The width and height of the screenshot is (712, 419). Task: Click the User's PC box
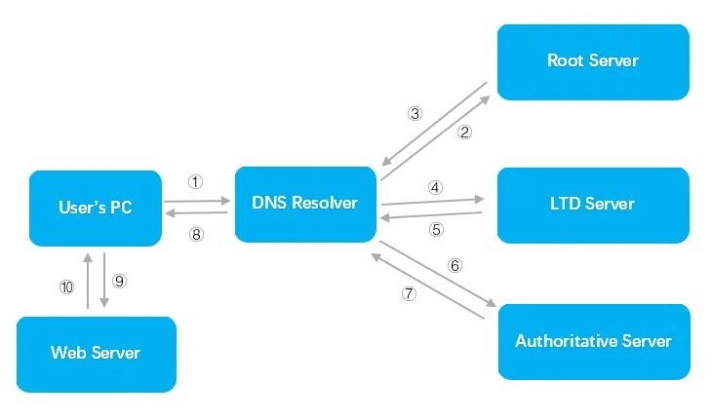[x=95, y=208]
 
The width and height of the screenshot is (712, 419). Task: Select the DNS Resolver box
[x=305, y=204]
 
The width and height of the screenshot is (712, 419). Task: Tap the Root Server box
[x=593, y=60]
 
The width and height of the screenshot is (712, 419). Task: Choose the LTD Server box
[x=593, y=204]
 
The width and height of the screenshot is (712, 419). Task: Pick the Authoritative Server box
[x=593, y=341]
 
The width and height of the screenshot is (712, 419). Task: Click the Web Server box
[x=96, y=352]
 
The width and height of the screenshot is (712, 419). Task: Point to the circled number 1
[x=195, y=181]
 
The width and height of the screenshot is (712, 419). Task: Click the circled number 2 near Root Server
[x=465, y=133]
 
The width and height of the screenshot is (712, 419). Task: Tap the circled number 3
[x=415, y=113]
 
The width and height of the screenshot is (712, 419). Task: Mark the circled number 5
[x=436, y=231]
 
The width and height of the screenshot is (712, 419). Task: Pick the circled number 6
[x=454, y=265]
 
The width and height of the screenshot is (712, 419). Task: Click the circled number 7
[x=409, y=293]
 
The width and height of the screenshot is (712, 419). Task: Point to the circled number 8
[x=196, y=234]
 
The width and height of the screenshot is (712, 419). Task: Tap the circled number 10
[x=66, y=286]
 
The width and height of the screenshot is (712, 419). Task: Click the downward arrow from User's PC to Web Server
[x=104, y=281]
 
